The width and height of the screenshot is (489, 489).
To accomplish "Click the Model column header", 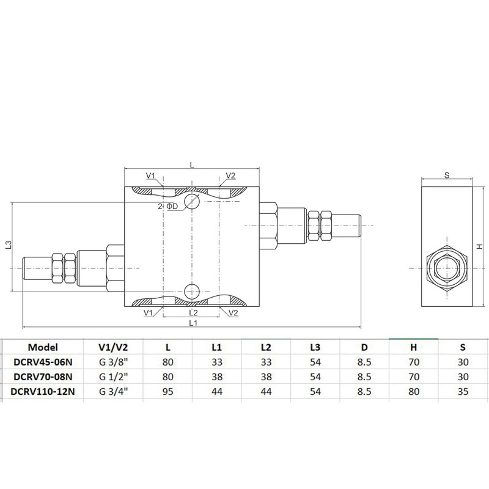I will point(42,347).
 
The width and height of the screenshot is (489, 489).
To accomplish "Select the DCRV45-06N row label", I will point(42,362).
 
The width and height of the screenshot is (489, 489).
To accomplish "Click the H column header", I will point(413,347).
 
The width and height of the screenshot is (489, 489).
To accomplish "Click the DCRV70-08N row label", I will point(42,377).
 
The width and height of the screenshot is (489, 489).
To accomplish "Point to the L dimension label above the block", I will point(192,164).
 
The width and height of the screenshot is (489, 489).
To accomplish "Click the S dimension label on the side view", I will point(447,175).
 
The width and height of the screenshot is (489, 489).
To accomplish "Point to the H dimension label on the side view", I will point(480,246).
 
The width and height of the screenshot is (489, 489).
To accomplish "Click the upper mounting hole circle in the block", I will point(192,201).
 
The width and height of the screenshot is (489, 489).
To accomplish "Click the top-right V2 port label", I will point(230,176).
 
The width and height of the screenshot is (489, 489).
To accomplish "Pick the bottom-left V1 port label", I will point(148,312).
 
